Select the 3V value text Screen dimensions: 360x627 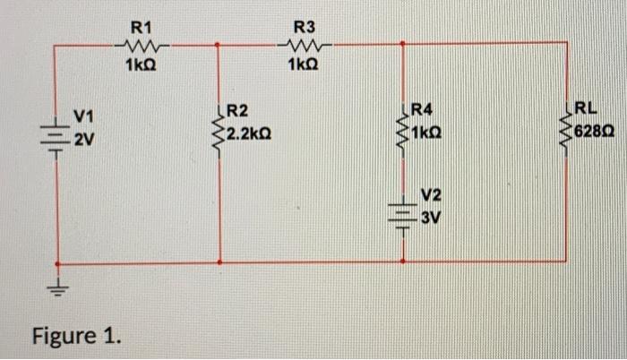434,215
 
